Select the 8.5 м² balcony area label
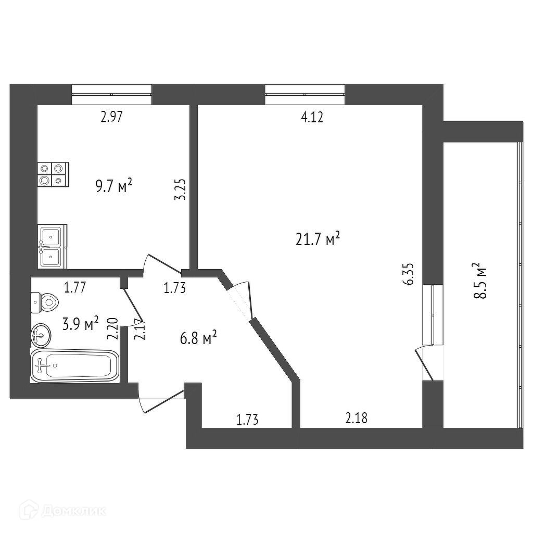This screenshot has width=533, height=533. [480, 281]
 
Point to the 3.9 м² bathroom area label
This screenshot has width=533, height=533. [80, 325]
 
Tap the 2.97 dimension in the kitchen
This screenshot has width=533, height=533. [111, 117]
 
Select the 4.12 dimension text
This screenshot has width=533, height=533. [312, 118]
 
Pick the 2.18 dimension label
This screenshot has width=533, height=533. [357, 418]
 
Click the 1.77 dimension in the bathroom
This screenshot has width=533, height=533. [75, 287]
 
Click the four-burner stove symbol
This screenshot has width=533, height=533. [53, 174]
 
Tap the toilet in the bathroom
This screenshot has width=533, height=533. [44, 301]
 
